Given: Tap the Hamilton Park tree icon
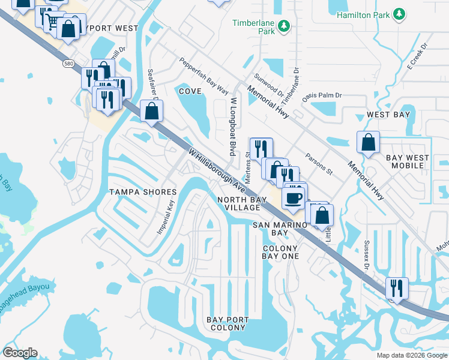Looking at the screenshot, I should click(x=398, y=14).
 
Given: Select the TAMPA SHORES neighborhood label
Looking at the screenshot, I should click(x=143, y=192).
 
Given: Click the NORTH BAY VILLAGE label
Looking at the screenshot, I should click(x=239, y=203).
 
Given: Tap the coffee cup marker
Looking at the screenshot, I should click(x=293, y=197).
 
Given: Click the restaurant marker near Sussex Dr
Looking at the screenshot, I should click(x=397, y=287).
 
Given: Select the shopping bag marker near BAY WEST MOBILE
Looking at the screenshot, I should click(x=368, y=143).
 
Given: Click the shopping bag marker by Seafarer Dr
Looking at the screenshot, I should click(x=152, y=111).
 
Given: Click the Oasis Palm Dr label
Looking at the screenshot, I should click(x=322, y=95).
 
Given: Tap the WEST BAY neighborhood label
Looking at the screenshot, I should click(x=388, y=115).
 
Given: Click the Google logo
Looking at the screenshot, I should click(x=20, y=353).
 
